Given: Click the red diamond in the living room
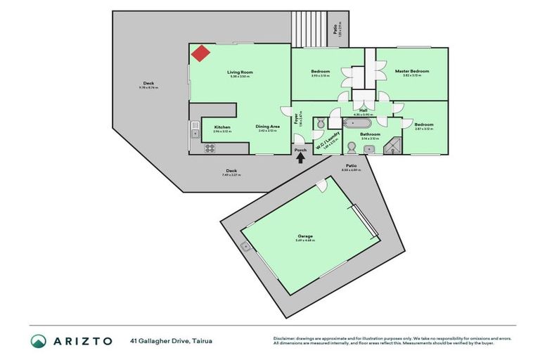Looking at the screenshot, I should coord(201,53).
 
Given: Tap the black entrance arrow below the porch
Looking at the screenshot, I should coord(301,158).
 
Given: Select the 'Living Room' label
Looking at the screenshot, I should coord(240,72).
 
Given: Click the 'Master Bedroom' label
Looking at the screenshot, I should coord(411,71).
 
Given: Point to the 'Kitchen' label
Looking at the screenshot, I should coord(222,127).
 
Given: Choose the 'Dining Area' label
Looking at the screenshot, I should coord(268,127).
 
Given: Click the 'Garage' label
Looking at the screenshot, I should coord(305,236).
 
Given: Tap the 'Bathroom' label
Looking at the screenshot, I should coord(370,134).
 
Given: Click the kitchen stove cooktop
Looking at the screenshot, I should coord(209,148).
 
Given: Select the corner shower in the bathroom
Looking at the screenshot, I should coord(397,146).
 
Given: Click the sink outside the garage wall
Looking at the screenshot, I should coord(246,247).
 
